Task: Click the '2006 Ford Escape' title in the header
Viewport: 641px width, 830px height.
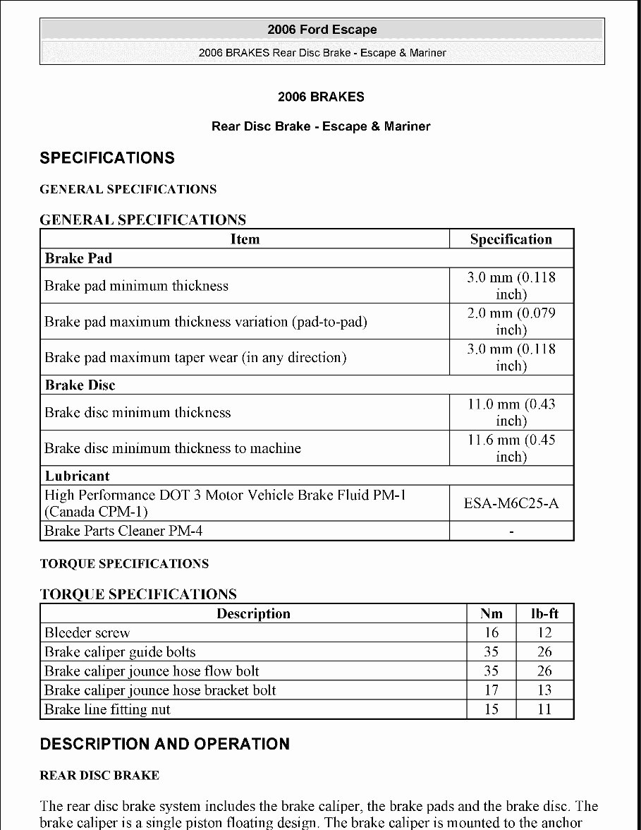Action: pos(322,30)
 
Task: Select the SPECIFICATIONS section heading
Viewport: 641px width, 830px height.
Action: pos(107,157)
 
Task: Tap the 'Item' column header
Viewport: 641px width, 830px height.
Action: pos(245,239)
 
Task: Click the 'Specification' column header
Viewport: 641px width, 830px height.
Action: pos(511,239)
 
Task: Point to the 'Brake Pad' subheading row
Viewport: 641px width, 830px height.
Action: pos(78,258)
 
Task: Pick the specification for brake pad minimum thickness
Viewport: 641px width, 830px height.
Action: pos(511,286)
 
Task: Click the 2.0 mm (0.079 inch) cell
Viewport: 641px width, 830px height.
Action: pos(511,321)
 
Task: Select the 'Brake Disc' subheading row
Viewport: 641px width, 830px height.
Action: pos(80,385)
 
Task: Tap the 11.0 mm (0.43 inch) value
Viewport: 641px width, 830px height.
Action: pos(511,412)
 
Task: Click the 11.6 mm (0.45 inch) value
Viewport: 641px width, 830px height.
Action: pos(511,448)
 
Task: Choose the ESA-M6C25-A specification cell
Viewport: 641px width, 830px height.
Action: pos(511,504)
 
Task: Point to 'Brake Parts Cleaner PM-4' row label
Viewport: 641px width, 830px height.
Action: pos(123,531)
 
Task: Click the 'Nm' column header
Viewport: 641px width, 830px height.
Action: pos(492,614)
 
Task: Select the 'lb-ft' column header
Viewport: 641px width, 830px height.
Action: pos(544,614)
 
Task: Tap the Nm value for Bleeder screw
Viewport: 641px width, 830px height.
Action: pos(492,633)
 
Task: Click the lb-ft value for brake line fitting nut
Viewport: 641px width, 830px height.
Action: pos(544,709)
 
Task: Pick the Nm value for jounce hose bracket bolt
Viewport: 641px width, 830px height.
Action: pos(492,690)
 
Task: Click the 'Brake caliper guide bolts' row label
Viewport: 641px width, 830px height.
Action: pos(120,652)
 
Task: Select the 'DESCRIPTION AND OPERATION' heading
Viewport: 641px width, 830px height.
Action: pos(165,744)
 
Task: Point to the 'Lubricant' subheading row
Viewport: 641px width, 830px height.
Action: pos(78,476)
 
